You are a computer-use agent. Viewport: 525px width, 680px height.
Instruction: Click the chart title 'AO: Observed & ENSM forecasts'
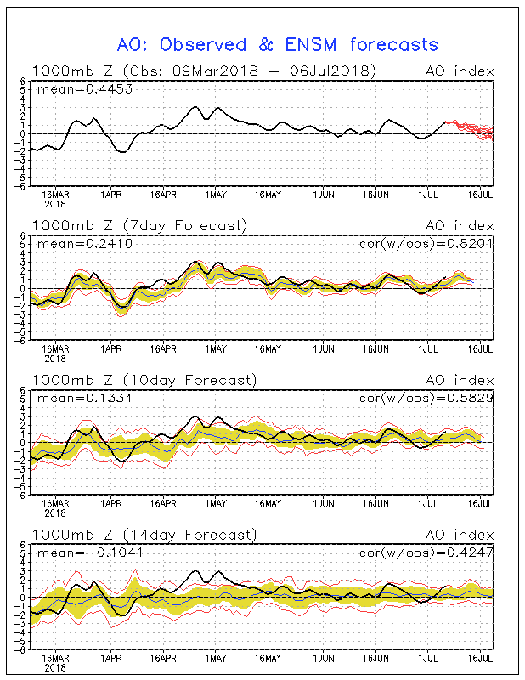[x=278, y=45]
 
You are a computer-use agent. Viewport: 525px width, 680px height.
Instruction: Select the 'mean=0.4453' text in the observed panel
[x=85, y=89]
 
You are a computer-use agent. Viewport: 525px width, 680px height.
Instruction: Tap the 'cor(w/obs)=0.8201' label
[x=426, y=244]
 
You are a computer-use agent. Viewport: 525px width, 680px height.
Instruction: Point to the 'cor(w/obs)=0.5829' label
[x=426, y=398]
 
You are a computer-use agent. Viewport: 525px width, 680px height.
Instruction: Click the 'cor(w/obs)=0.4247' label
[x=426, y=552]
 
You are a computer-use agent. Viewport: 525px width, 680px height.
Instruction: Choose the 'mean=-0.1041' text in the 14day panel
[x=90, y=553]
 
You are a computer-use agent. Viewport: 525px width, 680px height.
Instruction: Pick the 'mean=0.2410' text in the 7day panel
[x=85, y=244]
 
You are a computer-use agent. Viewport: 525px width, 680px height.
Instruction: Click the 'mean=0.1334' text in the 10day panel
[x=85, y=398]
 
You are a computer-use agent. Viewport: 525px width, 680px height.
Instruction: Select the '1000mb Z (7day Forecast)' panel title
[x=140, y=226]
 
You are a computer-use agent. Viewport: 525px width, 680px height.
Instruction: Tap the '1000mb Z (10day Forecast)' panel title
[x=144, y=380]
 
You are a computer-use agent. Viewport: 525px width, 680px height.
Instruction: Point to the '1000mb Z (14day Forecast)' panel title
[x=144, y=535]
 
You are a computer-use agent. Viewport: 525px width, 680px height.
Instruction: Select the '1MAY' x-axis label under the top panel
[x=216, y=195]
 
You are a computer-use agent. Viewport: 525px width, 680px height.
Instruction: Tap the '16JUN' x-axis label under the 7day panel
[x=375, y=349]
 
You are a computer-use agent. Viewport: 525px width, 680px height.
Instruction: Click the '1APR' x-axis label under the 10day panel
[x=111, y=504]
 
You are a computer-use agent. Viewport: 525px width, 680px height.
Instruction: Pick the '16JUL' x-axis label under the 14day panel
[x=480, y=658]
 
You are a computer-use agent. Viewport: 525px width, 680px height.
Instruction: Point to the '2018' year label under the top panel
[x=55, y=204]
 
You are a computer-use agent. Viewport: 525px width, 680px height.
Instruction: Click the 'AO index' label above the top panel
[x=460, y=71]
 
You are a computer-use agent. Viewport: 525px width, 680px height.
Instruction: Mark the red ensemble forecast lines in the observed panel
[x=470, y=129]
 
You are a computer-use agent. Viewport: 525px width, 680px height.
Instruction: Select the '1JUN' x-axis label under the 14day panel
[x=324, y=658]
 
